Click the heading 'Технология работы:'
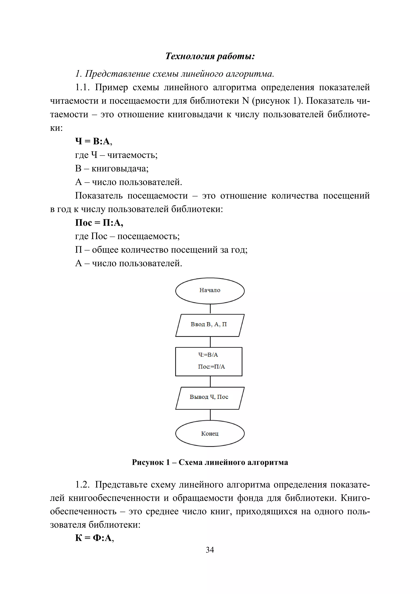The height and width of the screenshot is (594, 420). click(x=210, y=56)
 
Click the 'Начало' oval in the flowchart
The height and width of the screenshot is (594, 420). click(x=210, y=290)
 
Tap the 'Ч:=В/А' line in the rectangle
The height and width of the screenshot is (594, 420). click(x=208, y=355)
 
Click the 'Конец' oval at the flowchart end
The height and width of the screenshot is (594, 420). click(x=210, y=434)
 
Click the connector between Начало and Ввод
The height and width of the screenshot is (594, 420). click(x=210, y=309)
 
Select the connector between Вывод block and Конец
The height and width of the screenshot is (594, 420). click(x=210, y=415)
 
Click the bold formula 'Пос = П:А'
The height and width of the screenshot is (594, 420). click(x=99, y=223)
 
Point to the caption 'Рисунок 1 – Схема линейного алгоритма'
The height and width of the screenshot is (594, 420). click(x=210, y=462)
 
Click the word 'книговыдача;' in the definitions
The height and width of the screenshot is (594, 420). click(x=120, y=169)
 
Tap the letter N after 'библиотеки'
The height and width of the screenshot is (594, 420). click(x=246, y=101)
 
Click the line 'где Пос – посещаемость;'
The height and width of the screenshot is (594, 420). click(x=127, y=236)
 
